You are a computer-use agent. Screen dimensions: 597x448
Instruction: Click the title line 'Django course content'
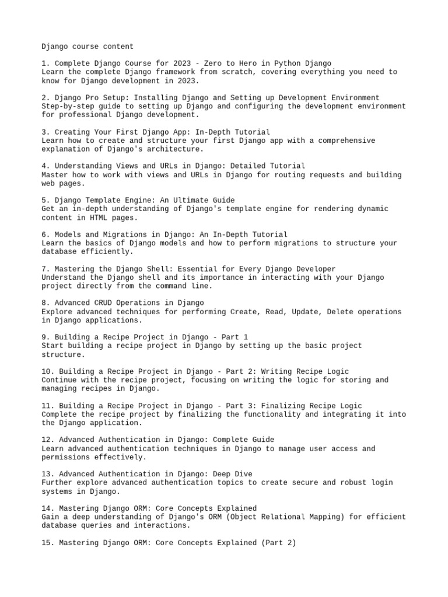pos(87,46)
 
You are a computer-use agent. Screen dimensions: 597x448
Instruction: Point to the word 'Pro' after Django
pos(94,97)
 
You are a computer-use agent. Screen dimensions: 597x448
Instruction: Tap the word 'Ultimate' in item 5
pos(197,200)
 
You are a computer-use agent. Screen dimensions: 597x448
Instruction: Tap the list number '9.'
pos(45,337)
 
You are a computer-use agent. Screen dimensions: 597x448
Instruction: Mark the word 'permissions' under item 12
pos(66,458)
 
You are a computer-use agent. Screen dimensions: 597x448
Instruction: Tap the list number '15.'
pos(48,543)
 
